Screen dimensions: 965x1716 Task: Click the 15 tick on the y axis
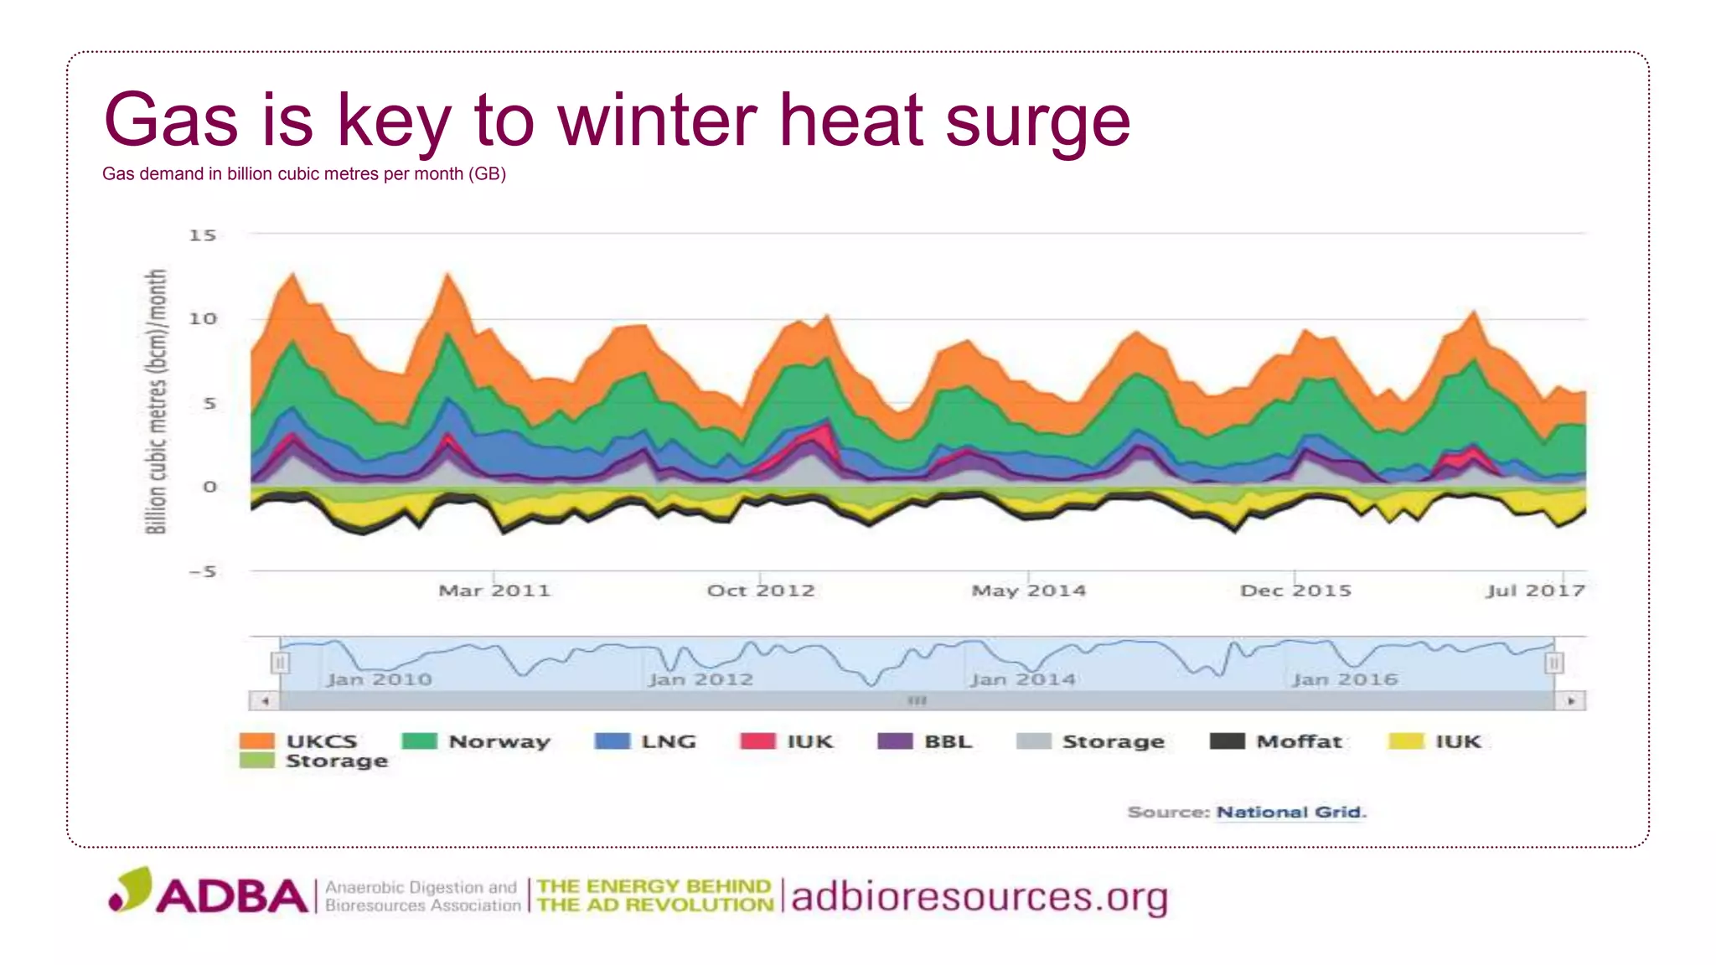pos(202,235)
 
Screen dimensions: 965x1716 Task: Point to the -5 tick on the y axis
pos(202,572)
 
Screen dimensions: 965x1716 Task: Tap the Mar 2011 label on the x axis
pos(494,591)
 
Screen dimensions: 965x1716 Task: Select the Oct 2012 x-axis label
pos(761,591)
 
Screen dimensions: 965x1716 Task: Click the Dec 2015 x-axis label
pos(1295,591)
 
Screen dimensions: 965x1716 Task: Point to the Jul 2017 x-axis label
pos(1535,591)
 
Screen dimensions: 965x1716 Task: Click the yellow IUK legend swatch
pos(1405,741)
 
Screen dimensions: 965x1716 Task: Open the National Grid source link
pos(1290,812)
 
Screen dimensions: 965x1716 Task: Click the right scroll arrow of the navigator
pos(1571,700)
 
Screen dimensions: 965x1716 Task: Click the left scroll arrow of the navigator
pos(265,700)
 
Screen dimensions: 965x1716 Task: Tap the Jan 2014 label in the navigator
pos(1022,679)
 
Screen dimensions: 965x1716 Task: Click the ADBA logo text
pos(232,895)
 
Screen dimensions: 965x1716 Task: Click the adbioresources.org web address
pos(979,897)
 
